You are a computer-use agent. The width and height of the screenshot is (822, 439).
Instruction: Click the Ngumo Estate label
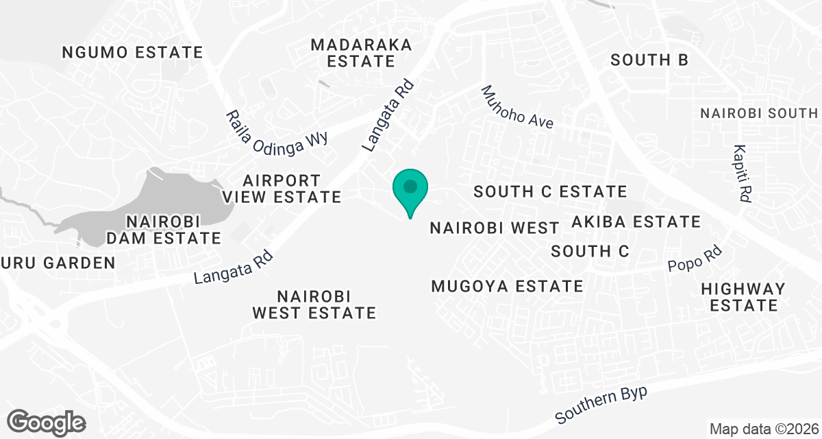(x=132, y=52)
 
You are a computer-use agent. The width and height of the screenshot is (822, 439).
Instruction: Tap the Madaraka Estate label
(x=361, y=53)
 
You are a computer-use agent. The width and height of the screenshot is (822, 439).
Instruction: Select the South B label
(x=649, y=60)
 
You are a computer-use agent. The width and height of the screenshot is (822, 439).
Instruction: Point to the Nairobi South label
(x=759, y=113)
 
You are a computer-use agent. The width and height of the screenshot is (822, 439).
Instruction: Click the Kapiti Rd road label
(x=742, y=173)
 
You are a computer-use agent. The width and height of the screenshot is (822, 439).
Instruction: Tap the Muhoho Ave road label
(x=516, y=107)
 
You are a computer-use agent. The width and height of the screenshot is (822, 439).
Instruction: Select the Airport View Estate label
(x=282, y=189)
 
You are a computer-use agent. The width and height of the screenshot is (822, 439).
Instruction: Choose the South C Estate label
(x=551, y=191)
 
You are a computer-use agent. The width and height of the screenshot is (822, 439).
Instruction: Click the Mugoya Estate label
(x=507, y=286)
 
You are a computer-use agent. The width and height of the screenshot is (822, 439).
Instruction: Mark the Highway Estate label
(x=743, y=296)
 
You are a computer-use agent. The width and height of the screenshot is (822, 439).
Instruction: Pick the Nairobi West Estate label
(x=314, y=305)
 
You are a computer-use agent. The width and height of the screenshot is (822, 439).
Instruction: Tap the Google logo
(x=47, y=421)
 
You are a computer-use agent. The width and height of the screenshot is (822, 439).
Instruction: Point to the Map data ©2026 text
(x=763, y=429)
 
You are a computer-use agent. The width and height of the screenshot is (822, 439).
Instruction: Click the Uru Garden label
(x=58, y=262)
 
